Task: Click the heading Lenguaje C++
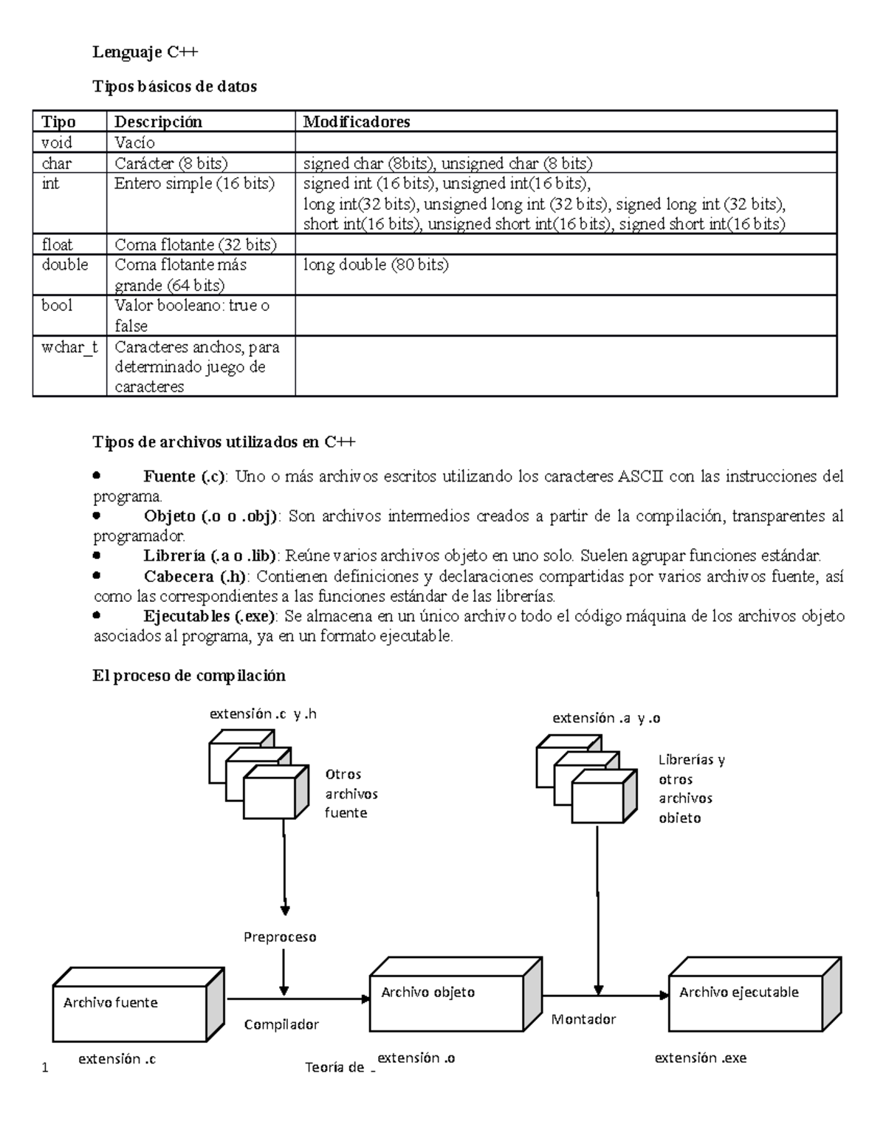point(145,52)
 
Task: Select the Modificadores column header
point(357,121)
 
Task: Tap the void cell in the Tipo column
point(57,142)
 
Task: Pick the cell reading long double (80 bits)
point(376,264)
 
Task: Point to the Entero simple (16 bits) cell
point(194,183)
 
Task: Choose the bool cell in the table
point(57,305)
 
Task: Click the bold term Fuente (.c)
point(186,476)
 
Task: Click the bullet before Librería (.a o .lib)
point(97,555)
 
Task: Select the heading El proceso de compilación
point(188,675)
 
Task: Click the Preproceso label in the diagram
point(280,937)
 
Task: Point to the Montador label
point(583,1019)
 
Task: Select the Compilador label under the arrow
point(281,1024)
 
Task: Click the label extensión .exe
point(701,1058)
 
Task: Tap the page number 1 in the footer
point(45,1067)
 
